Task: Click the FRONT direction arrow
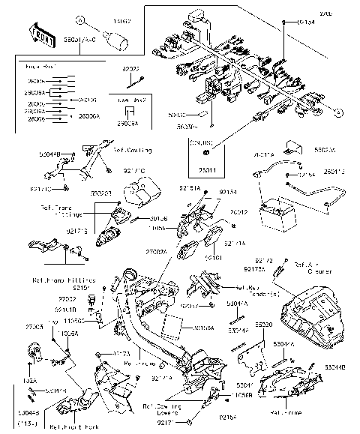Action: pos(43,34)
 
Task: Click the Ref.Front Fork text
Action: pos(73,427)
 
